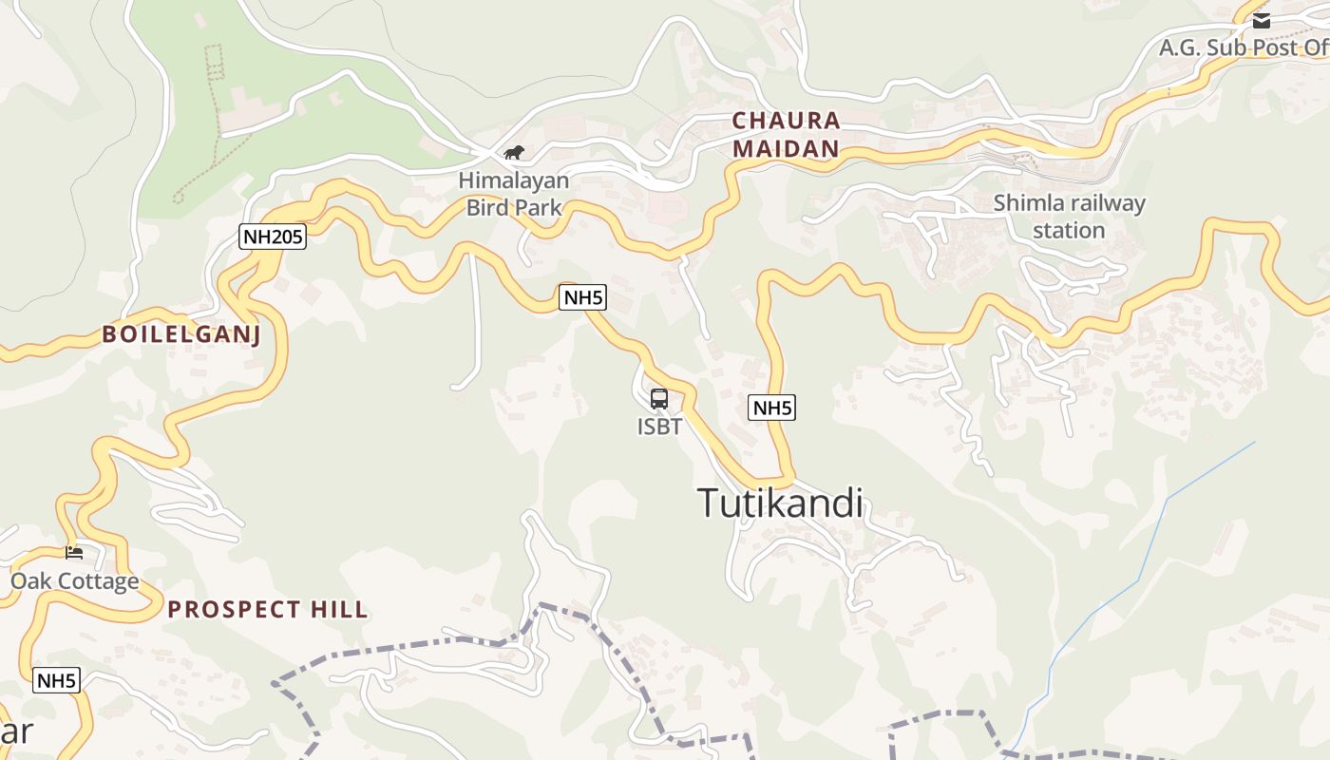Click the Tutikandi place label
click(x=781, y=503)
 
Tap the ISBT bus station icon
click(x=659, y=399)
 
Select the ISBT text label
click(x=659, y=427)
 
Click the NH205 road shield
click(x=273, y=237)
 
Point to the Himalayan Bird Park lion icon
click(x=514, y=152)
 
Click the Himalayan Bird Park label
click(x=514, y=193)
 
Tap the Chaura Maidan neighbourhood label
click(x=786, y=134)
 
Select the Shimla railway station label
click(x=1069, y=217)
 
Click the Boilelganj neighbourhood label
click(x=181, y=334)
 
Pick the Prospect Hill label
click(x=268, y=610)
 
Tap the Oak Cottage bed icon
click(x=74, y=552)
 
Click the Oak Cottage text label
click(x=74, y=581)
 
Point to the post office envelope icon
click(x=1261, y=20)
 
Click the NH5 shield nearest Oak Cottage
click(x=56, y=680)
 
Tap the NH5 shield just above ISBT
click(x=582, y=297)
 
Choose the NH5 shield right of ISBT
click(x=771, y=408)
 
